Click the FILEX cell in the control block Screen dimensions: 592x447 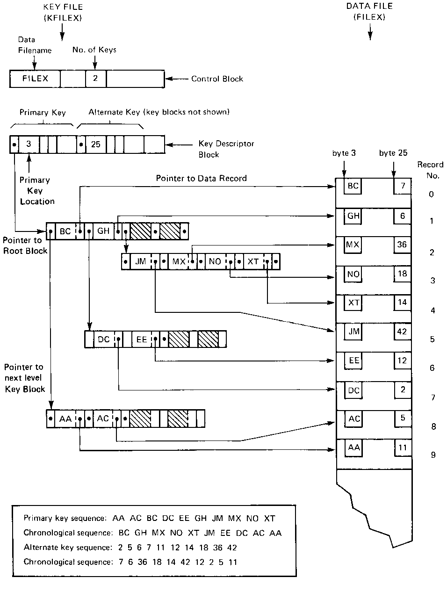(x=35, y=79)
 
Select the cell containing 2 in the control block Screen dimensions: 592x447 (x=95, y=79)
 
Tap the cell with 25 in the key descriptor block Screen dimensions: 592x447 (x=96, y=144)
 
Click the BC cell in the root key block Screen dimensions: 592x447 (x=65, y=231)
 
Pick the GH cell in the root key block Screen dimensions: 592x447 (x=103, y=231)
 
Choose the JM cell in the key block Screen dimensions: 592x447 (x=141, y=261)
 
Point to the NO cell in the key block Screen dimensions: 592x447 (x=215, y=261)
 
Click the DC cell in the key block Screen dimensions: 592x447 (x=104, y=339)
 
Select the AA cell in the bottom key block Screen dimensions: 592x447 (x=65, y=419)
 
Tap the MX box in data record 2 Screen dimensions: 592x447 (x=353, y=245)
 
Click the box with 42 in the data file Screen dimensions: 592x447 (x=402, y=332)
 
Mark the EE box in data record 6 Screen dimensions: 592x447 (x=354, y=361)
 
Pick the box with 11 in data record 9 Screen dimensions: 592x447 (x=403, y=448)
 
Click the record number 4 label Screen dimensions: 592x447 (x=433, y=310)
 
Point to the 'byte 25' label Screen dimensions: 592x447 (x=393, y=153)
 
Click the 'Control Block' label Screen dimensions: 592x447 (x=217, y=79)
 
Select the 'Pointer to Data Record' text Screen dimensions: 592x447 (x=201, y=178)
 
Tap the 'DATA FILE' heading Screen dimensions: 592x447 (x=369, y=6)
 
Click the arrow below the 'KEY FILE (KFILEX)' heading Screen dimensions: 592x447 (x=62, y=32)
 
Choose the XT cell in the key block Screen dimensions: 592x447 (x=253, y=261)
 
